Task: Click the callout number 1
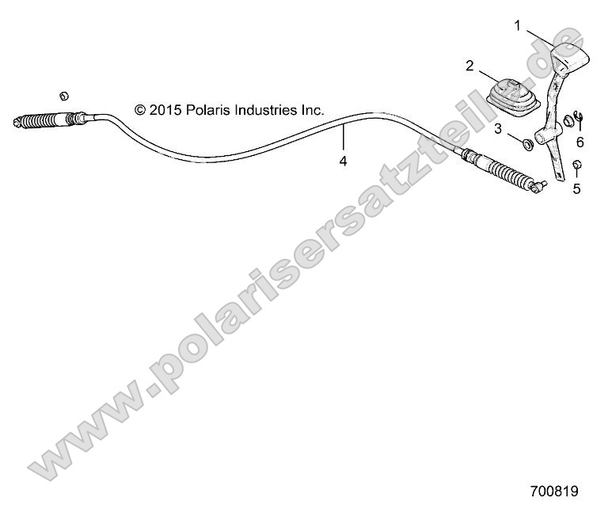click(x=517, y=26)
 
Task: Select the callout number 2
click(x=469, y=66)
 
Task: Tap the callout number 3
click(x=498, y=127)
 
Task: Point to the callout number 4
click(x=343, y=161)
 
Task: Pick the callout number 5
click(x=577, y=188)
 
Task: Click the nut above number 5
click(x=577, y=165)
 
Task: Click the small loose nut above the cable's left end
click(x=64, y=95)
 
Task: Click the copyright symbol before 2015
click(x=141, y=111)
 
